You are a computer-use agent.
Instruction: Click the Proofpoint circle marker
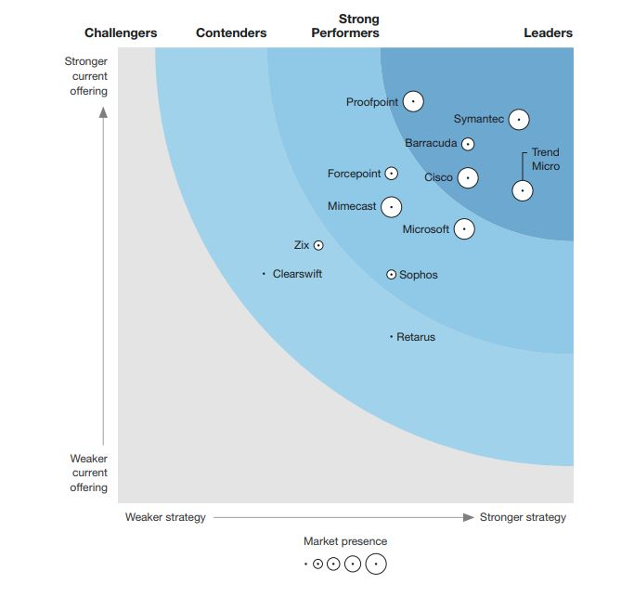[413, 101]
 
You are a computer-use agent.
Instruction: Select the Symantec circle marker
[519, 120]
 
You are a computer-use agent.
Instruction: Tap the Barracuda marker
[468, 144]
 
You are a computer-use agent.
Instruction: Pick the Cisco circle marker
[468, 177]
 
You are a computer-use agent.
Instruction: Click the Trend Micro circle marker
[523, 190]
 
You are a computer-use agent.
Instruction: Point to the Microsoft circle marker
[464, 228]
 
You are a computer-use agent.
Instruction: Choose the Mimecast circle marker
[391, 207]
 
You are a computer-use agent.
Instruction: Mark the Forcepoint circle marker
[392, 174]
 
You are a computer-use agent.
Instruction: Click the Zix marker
[318, 245]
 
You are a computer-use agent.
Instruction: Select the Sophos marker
[391, 274]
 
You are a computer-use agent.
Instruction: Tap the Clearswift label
[297, 274]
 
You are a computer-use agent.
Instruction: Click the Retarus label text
[415, 337]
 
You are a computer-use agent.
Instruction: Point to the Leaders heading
[548, 32]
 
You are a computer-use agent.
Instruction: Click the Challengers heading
[121, 32]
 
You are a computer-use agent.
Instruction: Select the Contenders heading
[231, 32]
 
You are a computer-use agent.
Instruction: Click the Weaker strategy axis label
[165, 517]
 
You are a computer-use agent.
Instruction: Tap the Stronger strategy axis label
[523, 517]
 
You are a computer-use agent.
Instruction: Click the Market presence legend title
[345, 541]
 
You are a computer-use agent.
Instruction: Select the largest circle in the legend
[375, 564]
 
